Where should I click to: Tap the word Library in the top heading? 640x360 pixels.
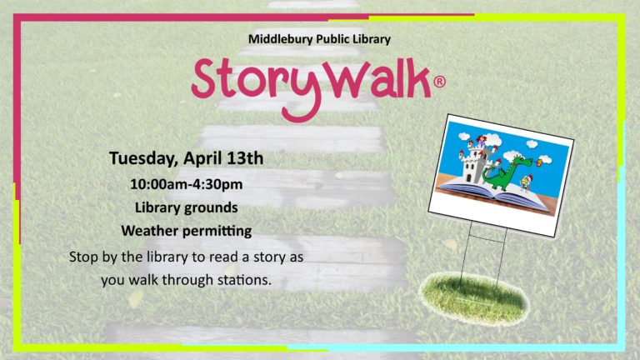coord(372,40)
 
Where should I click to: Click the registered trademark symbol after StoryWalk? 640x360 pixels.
coord(439,82)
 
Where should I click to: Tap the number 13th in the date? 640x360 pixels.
coord(245,158)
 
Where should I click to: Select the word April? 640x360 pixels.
coord(202,159)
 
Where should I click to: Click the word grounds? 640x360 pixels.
coord(210,208)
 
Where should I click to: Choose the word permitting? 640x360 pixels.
coord(217,232)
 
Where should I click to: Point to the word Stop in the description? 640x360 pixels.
coord(83,257)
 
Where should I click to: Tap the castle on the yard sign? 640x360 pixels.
coord(477,161)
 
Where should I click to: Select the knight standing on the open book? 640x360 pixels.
coord(525,182)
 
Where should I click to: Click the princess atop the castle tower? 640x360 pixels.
coord(482,141)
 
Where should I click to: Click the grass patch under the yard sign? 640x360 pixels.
coord(474,299)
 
